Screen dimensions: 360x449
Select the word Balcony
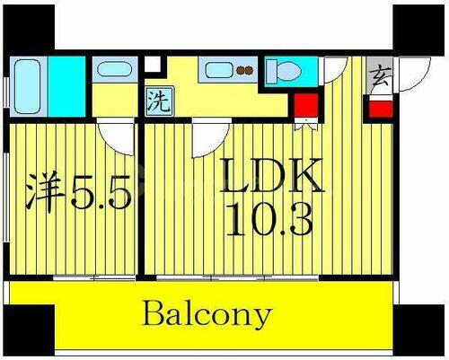point(206,315)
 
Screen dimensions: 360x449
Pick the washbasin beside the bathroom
point(113,70)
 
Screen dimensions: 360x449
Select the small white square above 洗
point(154,66)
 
